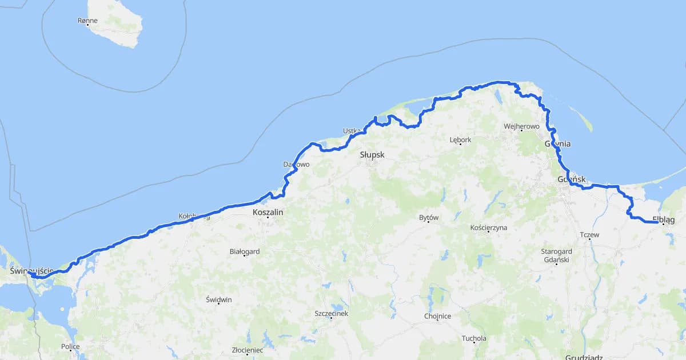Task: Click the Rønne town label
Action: [87, 21]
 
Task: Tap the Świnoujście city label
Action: [31, 269]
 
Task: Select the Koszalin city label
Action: [268, 212]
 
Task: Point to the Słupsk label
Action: [372, 155]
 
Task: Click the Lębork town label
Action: [460, 139]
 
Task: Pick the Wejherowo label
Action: [521, 126]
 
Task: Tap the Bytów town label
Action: [429, 218]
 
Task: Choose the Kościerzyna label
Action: [488, 227]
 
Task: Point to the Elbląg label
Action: [664, 219]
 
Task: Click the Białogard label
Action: [245, 251]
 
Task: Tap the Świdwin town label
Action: [219, 300]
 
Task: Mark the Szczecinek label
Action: [331, 313]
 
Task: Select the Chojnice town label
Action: [438, 316]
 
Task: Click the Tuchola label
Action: [474, 338]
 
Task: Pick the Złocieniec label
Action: [247, 350]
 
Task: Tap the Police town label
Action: [71, 346]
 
